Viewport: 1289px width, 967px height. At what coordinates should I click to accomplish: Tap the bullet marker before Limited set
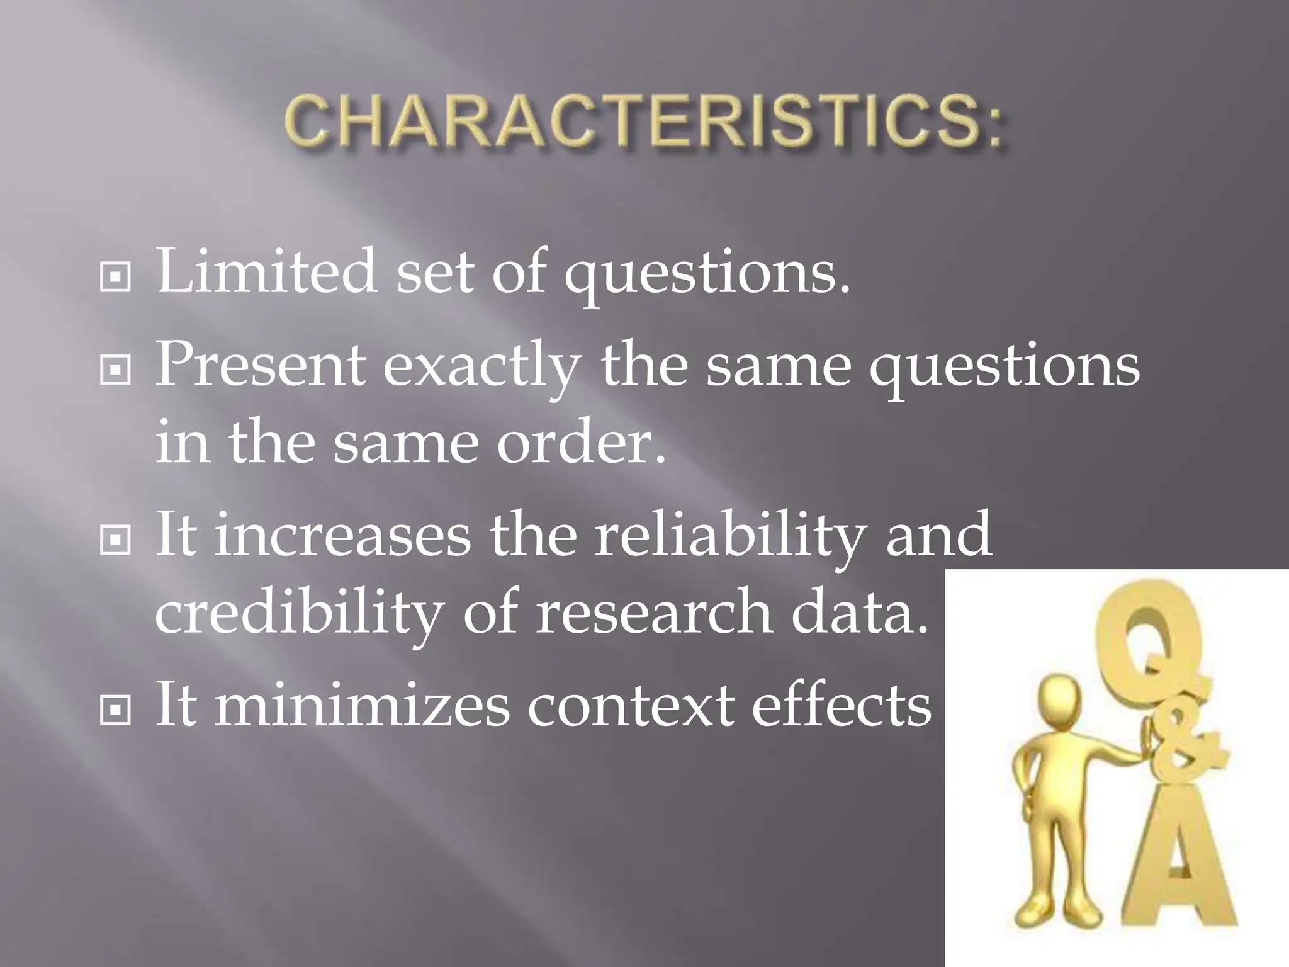click(115, 278)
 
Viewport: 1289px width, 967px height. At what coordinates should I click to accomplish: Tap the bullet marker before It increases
click(115, 540)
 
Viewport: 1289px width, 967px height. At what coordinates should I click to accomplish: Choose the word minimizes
click(361, 705)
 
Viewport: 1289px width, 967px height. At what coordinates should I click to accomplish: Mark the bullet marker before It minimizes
click(115, 711)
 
